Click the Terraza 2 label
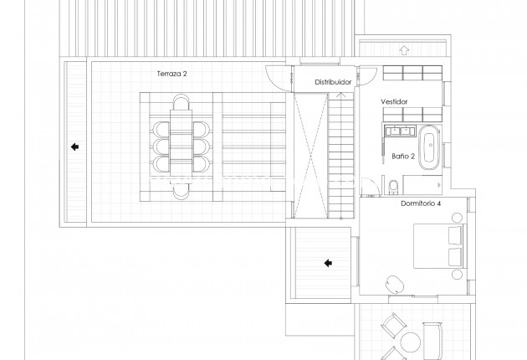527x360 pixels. pyautogui.click(x=171, y=74)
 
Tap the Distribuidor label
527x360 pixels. pyautogui.click(x=333, y=82)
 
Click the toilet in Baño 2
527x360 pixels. pyautogui.click(x=393, y=185)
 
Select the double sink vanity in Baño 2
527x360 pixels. pyautogui.click(x=399, y=131)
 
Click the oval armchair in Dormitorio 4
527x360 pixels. pyautogui.click(x=396, y=284)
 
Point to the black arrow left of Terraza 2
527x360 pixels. pyautogui.click(x=74, y=147)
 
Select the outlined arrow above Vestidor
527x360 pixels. pyautogui.click(x=405, y=50)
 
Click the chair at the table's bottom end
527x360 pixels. pyautogui.click(x=181, y=192)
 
